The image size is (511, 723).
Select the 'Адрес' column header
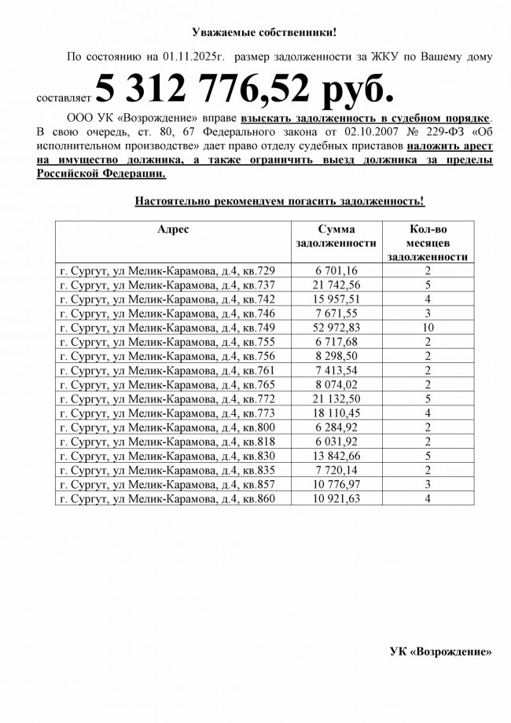[172, 229]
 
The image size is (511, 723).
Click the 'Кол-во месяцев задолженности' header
[428, 242]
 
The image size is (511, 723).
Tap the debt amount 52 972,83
[336, 328]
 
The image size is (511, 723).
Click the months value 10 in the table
[428, 328]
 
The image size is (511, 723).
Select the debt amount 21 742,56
[336, 284]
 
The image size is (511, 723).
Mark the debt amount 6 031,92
[336, 442]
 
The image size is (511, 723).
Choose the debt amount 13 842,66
[336, 456]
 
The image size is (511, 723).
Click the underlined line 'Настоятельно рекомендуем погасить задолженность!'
[279, 201]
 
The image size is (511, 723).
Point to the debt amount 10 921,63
[336, 498]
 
